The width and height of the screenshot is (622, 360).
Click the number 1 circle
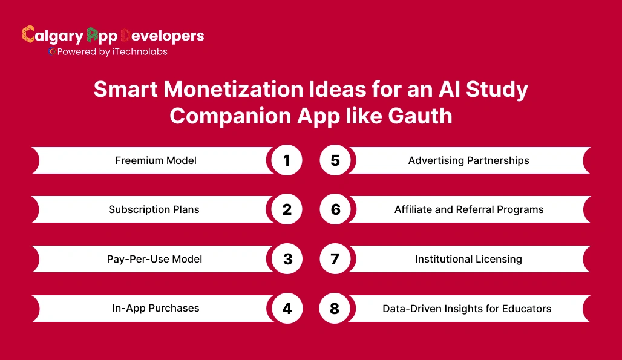click(x=287, y=160)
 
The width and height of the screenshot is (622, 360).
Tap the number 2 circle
click(x=287, y=209)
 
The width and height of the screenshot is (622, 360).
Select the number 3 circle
click(x=287, y=259)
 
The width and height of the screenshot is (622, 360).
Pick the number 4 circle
click(x=287, y=309)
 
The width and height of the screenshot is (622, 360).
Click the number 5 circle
click(x=335, y=160)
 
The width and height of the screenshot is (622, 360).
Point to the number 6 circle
click(x=335, y=209)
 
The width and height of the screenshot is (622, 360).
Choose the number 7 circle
click(x=335, y=259)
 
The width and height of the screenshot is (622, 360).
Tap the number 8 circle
click(x=335, y=309)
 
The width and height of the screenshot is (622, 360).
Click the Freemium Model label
click(x=156, y=161)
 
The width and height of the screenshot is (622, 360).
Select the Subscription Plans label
click(x=154, y=210)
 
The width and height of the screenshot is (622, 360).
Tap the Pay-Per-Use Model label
click(x=154, y=259)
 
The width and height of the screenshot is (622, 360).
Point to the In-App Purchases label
click(x=155, y=309)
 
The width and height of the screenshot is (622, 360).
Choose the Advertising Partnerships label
click(x=468, y=161)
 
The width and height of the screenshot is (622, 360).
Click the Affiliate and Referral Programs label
click(x=469, y=210)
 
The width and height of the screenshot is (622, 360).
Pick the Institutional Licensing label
click(x=468, y=259)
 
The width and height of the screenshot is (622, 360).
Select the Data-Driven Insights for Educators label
click(x=466, y=309)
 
